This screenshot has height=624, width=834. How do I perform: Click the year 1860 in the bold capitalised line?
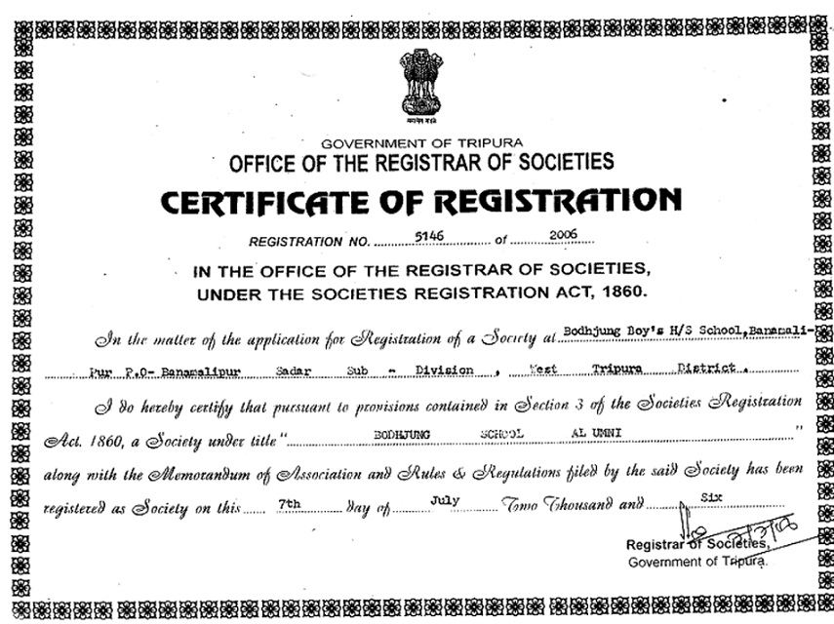pos(619,291)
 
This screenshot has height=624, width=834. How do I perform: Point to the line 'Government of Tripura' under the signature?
pos(697,563)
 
